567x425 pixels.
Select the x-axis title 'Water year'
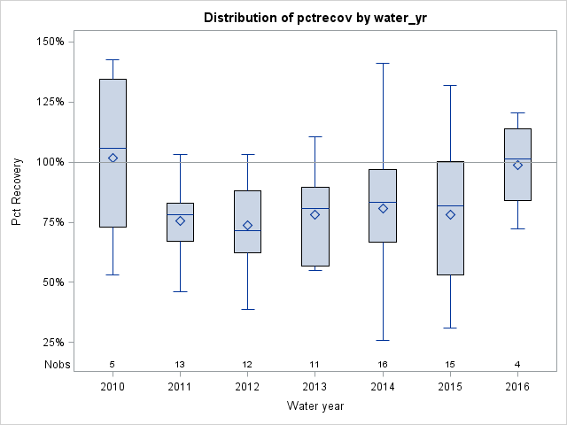point(315,406)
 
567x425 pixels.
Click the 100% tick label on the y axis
point(46,162)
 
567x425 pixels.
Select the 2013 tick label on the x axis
point(315,386)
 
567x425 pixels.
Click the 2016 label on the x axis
point(517,386)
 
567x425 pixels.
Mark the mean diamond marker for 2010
point(113,158)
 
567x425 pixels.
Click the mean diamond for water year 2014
point(383,209)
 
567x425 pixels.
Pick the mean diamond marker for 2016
point(517,165)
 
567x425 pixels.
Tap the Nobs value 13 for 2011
point(180,365)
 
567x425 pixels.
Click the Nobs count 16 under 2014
point(383,365)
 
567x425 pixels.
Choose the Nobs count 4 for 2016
point(517,365)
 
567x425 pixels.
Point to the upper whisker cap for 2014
point(383,63)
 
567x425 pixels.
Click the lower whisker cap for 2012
point(247,309)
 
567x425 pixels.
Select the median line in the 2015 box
point(450,205)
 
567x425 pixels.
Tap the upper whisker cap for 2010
point(113,59)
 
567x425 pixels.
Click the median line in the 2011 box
point(180,214)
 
